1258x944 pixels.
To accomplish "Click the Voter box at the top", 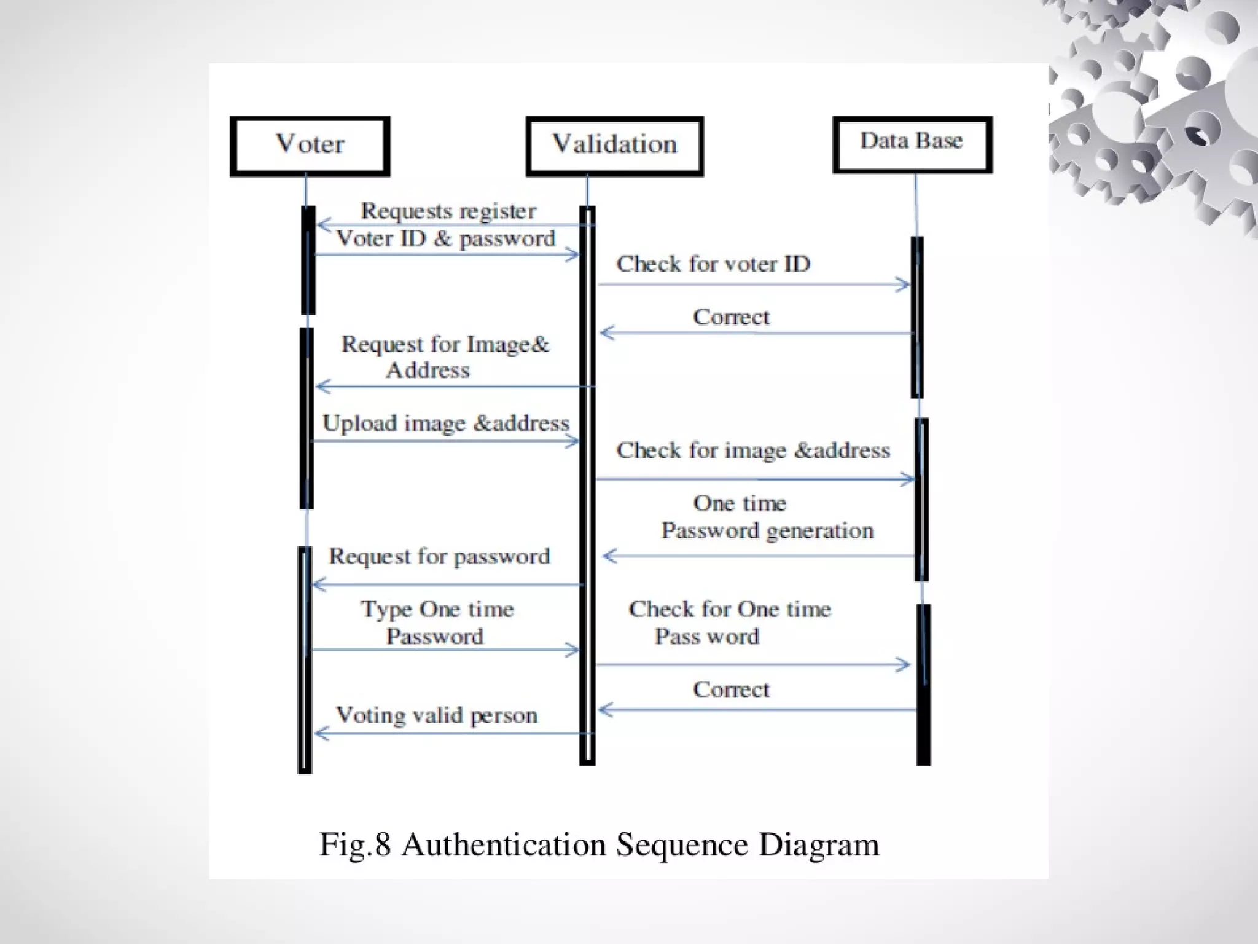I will pos(310,146).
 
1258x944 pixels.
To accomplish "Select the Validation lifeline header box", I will pos(614,146).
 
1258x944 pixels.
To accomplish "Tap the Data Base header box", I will pos(912,143).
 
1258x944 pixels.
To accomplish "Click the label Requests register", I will pos(448,211).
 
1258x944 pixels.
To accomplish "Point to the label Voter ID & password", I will pos(446,238).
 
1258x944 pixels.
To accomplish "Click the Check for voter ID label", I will pos(713,264).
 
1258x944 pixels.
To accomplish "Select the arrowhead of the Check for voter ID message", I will pos(904,285).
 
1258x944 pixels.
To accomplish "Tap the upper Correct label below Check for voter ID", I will pos(731,317).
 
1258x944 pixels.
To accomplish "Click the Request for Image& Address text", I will pos(445,357).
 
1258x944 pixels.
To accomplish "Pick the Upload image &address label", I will pos(446,423).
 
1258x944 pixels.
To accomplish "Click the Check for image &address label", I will pos(753,450).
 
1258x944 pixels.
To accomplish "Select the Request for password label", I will pos(439,556).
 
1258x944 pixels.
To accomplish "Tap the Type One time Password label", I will pos(436,623).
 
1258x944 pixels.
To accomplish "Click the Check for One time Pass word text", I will pos(730,623).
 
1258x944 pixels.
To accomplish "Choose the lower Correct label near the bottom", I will pos(731,690).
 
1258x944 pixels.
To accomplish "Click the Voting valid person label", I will pos(436,715).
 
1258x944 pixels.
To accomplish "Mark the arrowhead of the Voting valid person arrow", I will pos(320,733).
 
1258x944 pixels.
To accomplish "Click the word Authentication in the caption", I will pos(504,845).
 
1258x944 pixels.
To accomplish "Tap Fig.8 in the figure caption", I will pos(355,845).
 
